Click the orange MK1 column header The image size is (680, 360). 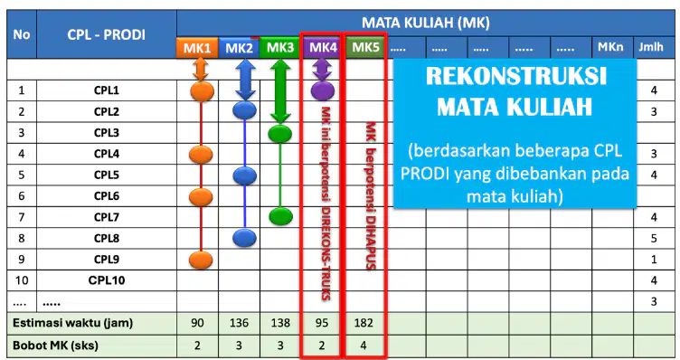tap(197, 48)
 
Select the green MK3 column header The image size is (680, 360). tap(279, 48)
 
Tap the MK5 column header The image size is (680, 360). tap(365, 47)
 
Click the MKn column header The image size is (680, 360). tap(610, 47)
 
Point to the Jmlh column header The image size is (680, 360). tap(651, 47)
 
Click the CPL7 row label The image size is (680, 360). tap(107, 217)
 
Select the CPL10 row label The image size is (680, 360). tap(107, 280)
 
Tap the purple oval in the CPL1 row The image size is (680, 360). tap(323, 90)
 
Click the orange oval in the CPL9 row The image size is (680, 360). tap(201, 260)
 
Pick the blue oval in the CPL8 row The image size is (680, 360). tap(244, 238)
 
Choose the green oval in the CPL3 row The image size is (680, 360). tap(279, 134)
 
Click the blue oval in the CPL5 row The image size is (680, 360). tap(244, 175)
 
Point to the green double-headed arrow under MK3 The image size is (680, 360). tap(280, 91)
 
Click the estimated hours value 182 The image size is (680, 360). tap(364, 323)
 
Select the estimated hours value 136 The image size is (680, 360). tap(239, 323)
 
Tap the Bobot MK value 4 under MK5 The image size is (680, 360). tap(364, 346)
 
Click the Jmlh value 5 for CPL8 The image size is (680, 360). tap(654, 238)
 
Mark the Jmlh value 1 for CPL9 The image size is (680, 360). tap(654, 260)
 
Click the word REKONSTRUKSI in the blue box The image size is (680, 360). tap(515, 76)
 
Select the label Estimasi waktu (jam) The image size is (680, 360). tap(73, 323)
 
